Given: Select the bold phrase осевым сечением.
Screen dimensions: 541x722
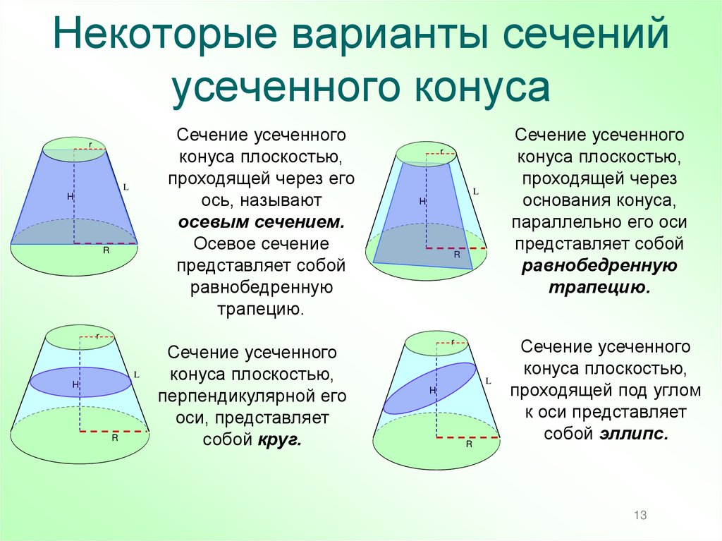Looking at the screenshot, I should [x=261, y=221].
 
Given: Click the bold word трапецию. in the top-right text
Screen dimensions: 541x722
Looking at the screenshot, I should [x=598, y=288].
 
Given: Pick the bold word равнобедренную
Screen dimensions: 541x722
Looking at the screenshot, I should [x=599, y=266].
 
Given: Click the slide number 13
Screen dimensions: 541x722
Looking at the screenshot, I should [x=640, y=516].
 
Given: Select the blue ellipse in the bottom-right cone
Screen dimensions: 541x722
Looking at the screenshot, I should [x=429, y=388].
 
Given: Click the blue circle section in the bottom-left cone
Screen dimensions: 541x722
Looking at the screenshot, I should [x=80, y=382].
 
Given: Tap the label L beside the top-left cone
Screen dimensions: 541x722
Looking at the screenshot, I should [x=126, y=188].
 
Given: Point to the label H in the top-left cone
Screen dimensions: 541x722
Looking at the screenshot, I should [x=70, y=196].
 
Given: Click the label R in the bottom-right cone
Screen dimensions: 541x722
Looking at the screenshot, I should [x=468, y=445].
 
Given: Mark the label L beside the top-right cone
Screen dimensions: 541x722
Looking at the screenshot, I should [x=476, y=191].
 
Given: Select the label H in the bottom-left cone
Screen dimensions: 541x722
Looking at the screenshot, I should [x=74, y=384].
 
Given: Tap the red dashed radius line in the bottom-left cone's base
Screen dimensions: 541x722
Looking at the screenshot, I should [x=114, y=430].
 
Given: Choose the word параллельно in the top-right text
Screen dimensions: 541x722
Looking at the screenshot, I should [x=555, y=222].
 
